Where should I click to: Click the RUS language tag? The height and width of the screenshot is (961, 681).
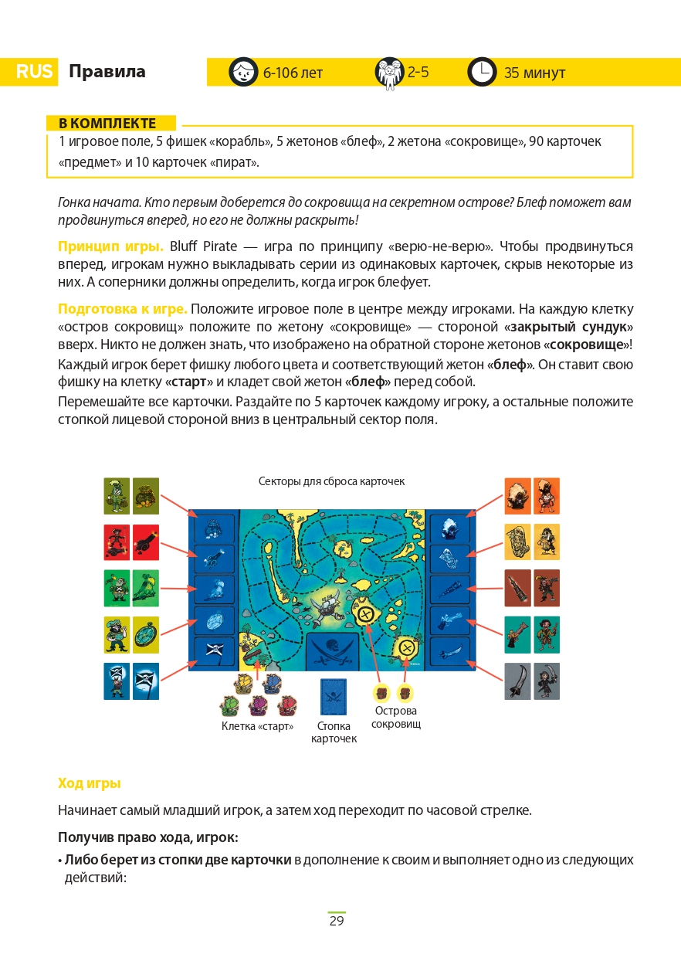(x=34, y=73)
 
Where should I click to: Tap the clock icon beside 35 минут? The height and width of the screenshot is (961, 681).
(x=482, y=72)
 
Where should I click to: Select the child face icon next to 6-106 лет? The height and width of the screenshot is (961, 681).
(x=243, y=72)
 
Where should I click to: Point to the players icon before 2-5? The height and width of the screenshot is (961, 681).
(x=390, y=72)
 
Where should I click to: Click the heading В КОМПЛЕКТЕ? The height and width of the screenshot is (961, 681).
(x=108, y=124)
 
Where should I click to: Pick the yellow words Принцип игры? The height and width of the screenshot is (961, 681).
(x=110, y=246)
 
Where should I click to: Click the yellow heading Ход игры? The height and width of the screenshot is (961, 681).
(x=90, y=783)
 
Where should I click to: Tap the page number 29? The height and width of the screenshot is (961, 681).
(x=337, y=921)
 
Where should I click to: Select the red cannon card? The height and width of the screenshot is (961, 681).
(x=145, y=542)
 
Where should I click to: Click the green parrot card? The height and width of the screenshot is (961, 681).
(x=145, y=589)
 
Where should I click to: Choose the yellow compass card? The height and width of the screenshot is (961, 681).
(x=145, y=635)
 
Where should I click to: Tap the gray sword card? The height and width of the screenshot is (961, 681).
(x=518, y=681)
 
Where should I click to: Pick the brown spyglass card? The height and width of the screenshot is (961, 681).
(x=518, y=589)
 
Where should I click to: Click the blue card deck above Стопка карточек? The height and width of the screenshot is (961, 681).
(x=334, y=696)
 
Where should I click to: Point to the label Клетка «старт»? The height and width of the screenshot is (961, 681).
(x=257, y=726)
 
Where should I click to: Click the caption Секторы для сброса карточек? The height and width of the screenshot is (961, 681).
(x=331, y=481)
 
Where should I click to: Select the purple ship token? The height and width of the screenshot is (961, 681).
(x=258, y=705)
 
